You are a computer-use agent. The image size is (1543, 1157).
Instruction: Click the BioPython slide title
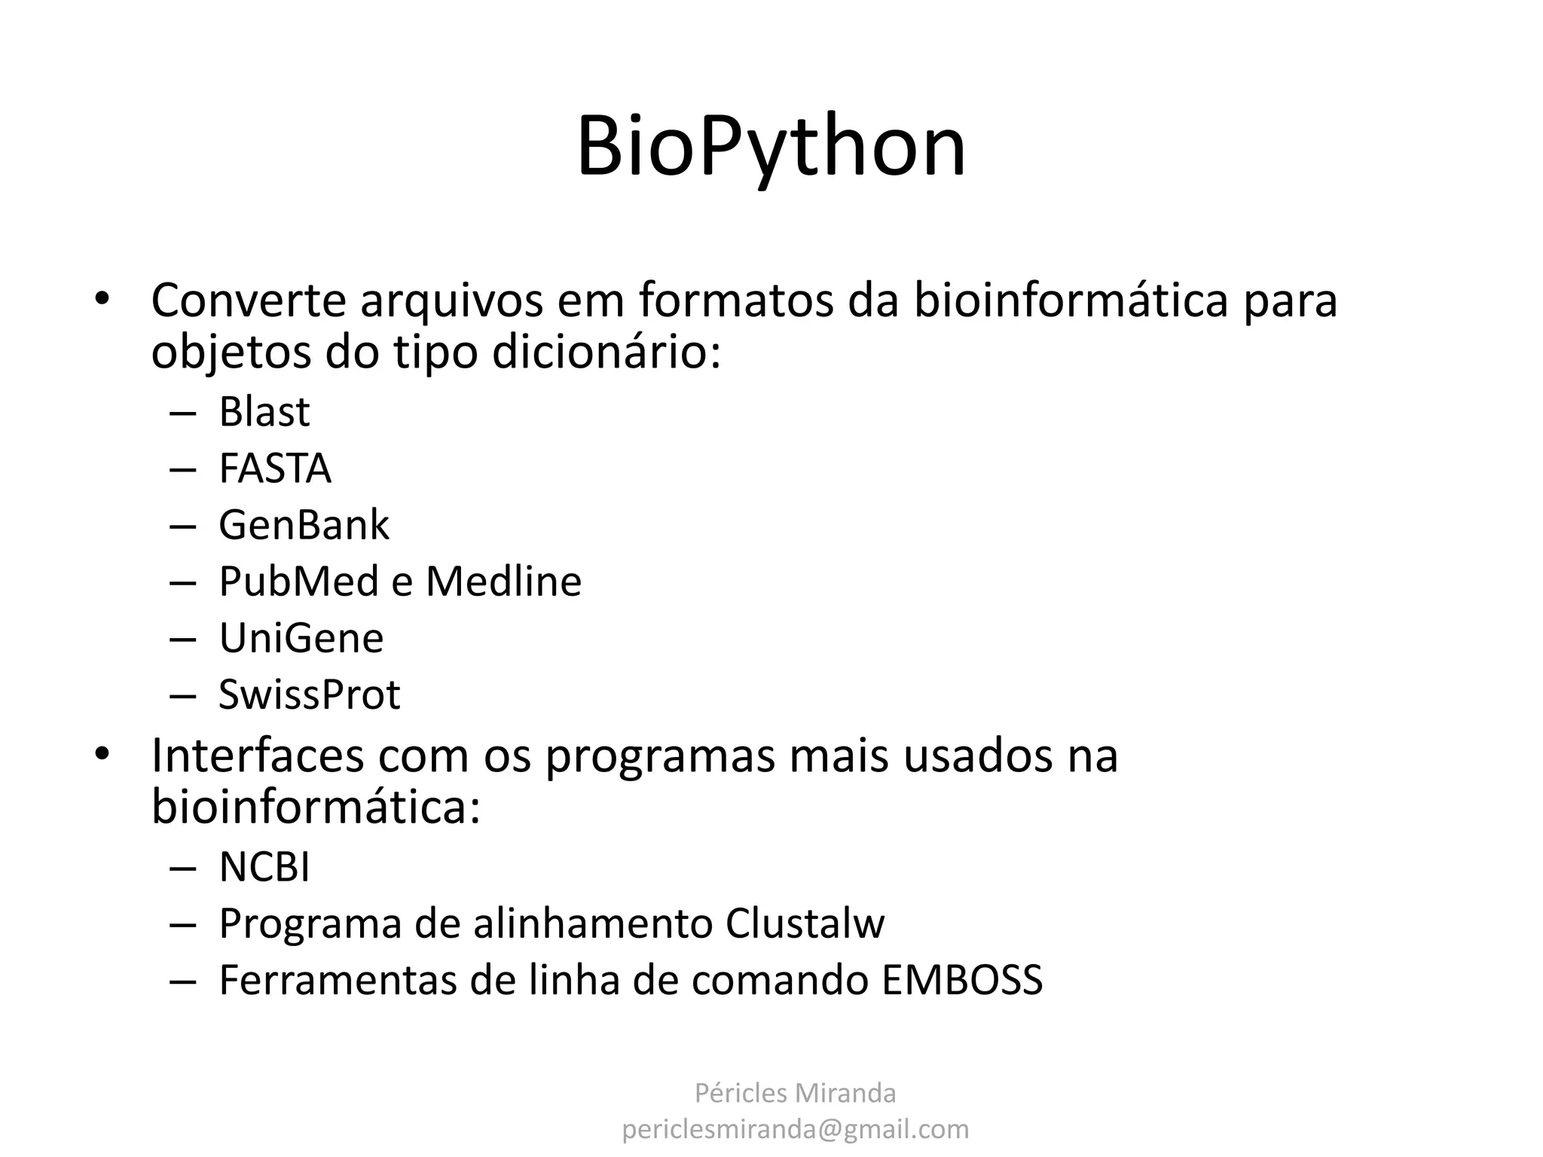[x=771, y=147]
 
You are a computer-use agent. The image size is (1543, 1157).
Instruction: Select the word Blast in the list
[x=264, y=412]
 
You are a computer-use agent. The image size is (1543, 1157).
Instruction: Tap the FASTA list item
[x=274, y=469]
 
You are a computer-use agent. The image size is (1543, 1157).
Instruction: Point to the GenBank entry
[x=304, y=525]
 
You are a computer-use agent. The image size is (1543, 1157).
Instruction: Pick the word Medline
[x=503, y=582]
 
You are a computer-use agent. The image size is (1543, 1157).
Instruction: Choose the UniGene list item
[x=301, y=638]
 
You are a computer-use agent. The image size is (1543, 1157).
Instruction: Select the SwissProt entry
[x=309, y=695]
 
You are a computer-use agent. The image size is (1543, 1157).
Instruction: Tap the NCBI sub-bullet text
[x=264, y=867]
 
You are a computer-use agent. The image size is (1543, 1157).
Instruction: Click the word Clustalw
[x=805, y=923]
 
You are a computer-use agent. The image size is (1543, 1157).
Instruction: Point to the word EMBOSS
[x=961, y=980]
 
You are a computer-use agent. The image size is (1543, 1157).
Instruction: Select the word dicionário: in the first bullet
[x=606, y=353]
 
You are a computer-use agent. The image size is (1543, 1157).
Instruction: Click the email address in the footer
[x=795, y=1129]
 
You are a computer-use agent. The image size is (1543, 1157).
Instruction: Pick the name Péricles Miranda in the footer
[x=795, y=1093]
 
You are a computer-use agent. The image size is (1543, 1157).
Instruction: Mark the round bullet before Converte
[x=102, y=298]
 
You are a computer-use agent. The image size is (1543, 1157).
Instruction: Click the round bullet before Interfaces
[x=102, y=754]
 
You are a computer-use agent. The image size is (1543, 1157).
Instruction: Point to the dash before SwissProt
[x=182, y=696]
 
